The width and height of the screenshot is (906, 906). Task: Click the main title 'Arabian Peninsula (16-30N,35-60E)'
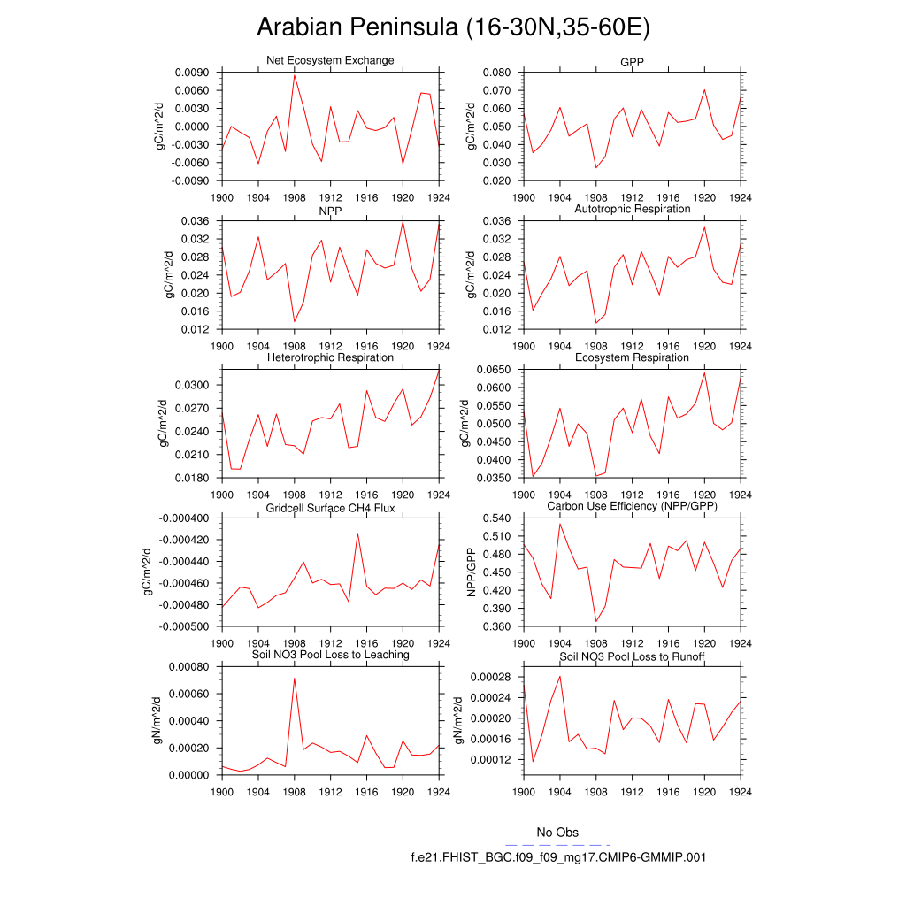tap(453, 27)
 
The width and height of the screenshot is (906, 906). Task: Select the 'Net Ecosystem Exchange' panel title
tap(330, 60)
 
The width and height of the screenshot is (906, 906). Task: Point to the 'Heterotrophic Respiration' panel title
tap(330, 357)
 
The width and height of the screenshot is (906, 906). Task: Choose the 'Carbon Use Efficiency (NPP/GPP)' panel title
tap(632, 506)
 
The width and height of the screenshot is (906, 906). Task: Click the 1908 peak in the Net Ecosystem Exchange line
tap(295, 75)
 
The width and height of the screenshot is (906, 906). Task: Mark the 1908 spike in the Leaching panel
tap(294, 679)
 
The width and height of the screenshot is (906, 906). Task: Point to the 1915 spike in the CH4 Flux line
tap(357, 533)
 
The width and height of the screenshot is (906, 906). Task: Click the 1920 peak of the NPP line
tap(403, 221)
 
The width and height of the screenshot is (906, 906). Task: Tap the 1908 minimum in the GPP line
tap(596, 167)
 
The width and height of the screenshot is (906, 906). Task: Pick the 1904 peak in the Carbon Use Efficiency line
tap(560, 524)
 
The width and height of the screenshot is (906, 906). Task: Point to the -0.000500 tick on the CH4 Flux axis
tap(183, 626)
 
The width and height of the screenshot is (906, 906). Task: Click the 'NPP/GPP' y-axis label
tap(472, 572)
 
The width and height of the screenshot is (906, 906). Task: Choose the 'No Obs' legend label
tap(557, 833)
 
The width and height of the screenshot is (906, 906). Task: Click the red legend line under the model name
tap(557, 871)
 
